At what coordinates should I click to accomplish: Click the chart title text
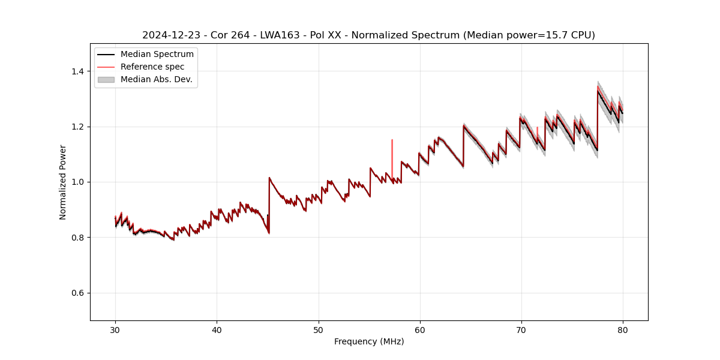[x=368, y=35]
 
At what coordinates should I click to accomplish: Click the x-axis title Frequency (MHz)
[x=369, y=341]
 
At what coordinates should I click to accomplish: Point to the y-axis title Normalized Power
[x=63, y=182]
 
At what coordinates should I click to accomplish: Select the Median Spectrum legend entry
[x=157, y=55]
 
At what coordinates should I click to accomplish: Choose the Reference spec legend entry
[x=152, y=67]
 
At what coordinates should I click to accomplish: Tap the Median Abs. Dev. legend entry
[x=156, y=79]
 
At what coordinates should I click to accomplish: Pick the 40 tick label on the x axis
[x=217, y=329]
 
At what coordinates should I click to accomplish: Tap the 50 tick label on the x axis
[x=319, y=329]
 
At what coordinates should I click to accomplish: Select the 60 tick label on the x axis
[x=420, y=329]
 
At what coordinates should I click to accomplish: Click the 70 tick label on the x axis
[x=521, y=329]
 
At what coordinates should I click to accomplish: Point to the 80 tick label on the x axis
[x=623, y=329]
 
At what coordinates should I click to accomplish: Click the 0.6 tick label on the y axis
[x=79, y=293]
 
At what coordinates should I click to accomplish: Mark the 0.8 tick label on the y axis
[x=79, y=238]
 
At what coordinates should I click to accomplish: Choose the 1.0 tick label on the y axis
[x=79, y=182]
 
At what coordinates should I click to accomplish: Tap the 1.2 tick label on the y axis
[x=79, y=127]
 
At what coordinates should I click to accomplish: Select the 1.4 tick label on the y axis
[x=79, y=71]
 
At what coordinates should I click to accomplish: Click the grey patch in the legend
[x=106, y=79]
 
